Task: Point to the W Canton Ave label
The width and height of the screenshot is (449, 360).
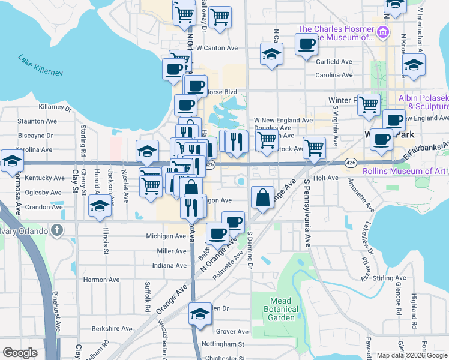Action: point(217,48)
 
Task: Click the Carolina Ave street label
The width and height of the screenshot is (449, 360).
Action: point(334,76)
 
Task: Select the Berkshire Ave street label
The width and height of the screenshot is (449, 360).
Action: point(112,329)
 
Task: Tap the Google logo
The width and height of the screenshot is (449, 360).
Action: point(20,353)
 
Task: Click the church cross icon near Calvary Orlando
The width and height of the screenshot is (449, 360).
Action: point(56,229)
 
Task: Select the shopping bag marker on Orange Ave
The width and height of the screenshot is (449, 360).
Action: point(263,197)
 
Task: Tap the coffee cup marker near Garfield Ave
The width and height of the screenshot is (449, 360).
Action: point(306,44)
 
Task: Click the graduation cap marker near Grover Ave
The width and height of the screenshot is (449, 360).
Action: point(200,314)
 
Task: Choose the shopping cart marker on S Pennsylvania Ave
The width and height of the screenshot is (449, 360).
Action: point(314,148)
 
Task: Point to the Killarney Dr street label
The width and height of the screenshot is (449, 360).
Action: point(55,108)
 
